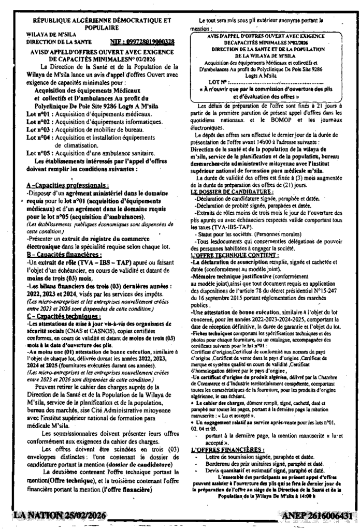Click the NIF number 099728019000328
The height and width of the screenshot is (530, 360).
[142, 41]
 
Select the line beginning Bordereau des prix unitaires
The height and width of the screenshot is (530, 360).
[264, 464]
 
